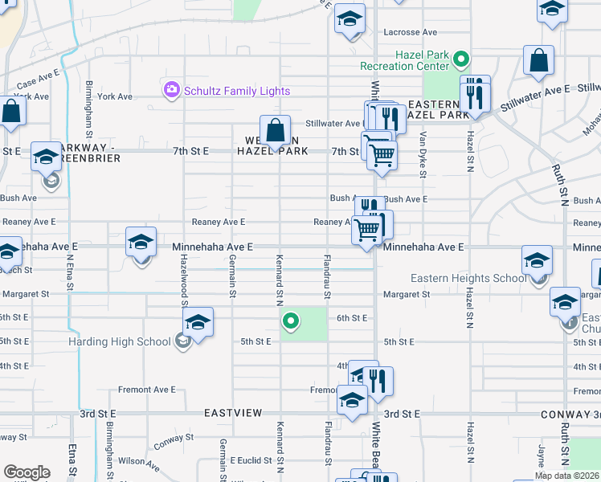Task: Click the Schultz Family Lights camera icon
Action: pyautogui.click(x=170, y=90)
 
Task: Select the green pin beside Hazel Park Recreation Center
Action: pyautogui.click(x=461, y=59)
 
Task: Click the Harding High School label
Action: pyautogui.click(x=125, y=341)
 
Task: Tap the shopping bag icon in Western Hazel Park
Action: pyautogui.click(x=275, y=130)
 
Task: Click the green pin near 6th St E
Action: pyautogui.click(x=291, y=323)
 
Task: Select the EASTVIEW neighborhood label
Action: pyautogui.click(x=233, y=412)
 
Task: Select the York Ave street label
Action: pyautogui.click(x=115, y=96)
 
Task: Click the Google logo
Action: pyautogui.click(x=27, y=472)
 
